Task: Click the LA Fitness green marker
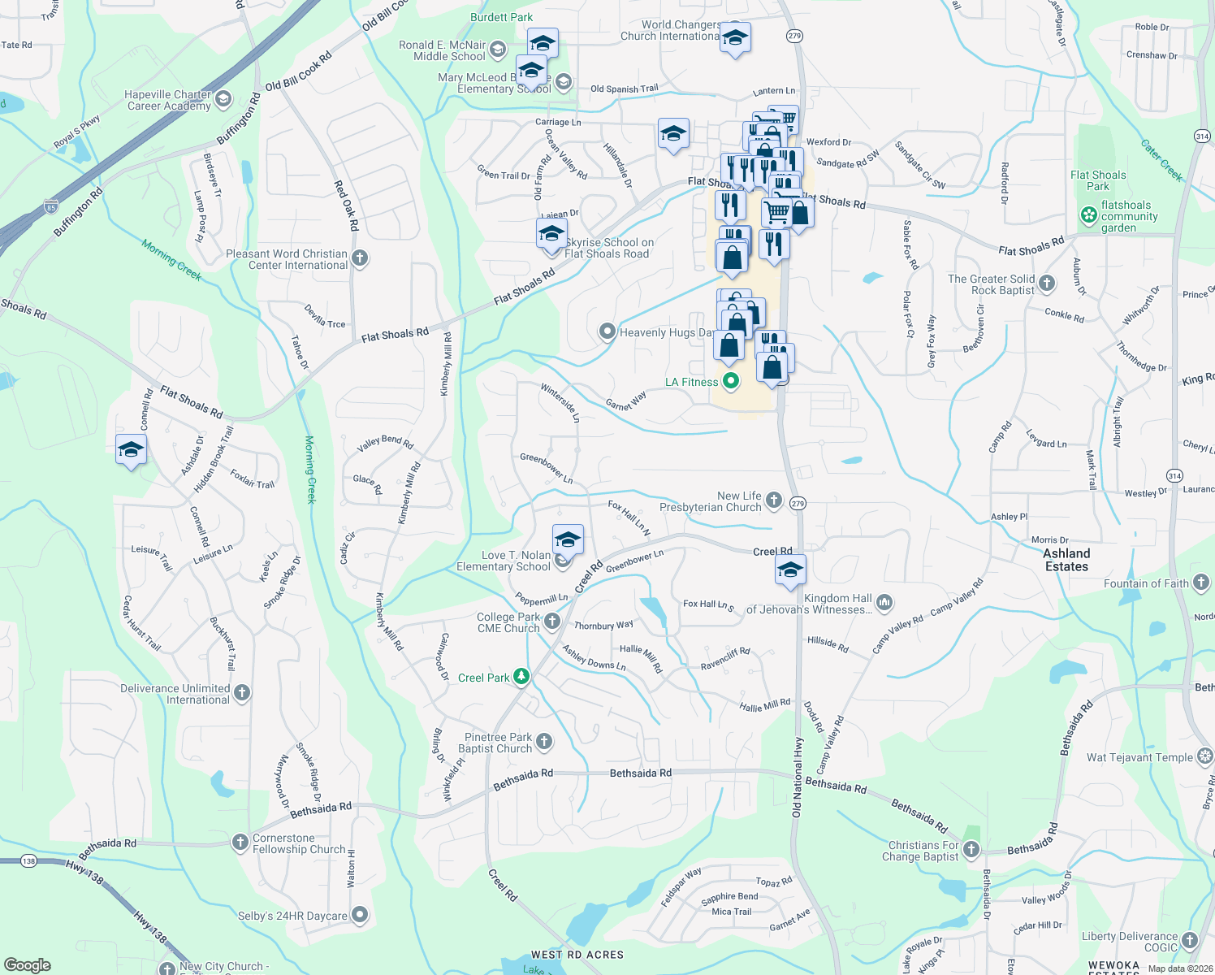pos(731,380)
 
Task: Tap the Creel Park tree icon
pos(521,677)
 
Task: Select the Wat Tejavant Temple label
pos(1139,757)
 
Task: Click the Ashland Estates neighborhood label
pos(1066,560)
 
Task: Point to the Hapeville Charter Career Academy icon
pos(223,99)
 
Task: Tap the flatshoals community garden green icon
pos(1088,215)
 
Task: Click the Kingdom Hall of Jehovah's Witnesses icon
pos(884,603)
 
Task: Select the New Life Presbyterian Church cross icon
pos(773,500)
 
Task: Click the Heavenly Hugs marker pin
pos(607,331)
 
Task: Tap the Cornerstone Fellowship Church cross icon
pos(240,843)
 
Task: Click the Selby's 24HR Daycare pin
pos(360,915)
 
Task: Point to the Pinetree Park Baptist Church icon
pos(544,742)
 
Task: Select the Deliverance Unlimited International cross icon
pos(242,693)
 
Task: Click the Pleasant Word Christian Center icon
pos(360,258)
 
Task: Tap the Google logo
pos(27,965)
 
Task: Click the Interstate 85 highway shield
pos(52,206)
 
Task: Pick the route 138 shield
pos(28,860)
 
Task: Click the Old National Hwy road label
pos(797,778)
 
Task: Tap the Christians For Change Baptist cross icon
pos(971,850)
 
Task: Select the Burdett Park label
pos(501,17)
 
